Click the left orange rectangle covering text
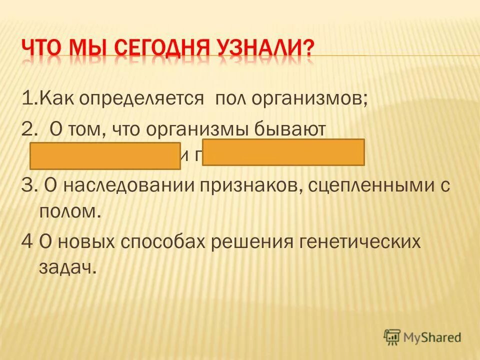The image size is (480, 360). tap(105, 156)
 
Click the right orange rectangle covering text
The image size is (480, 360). tap(283, 152)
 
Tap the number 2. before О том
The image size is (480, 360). tap(29, 129)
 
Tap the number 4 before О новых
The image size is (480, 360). tap(27, 241)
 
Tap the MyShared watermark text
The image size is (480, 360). tap(433, 337)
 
